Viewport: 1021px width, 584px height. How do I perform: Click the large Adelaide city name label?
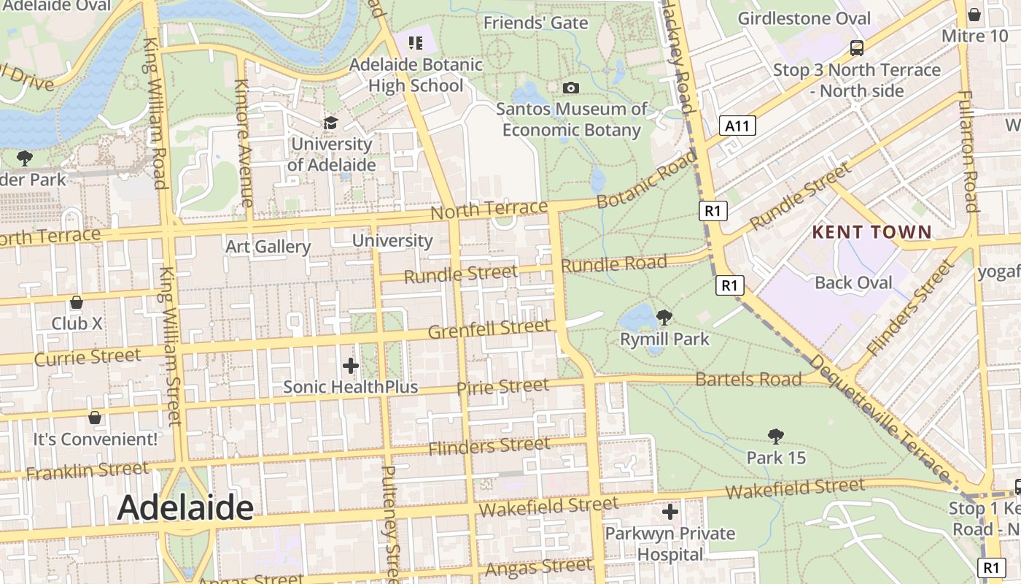[x=185, y=507]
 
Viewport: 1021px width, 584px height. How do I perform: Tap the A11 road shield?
[x=737, y=126]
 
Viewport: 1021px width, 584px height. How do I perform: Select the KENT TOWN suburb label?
[x=872, y=233]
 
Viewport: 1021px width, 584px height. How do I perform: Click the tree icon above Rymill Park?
[x=664, y=318]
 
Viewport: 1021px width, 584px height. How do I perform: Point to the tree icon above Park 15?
[x=776, y=437]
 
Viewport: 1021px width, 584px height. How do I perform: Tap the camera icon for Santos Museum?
[x=571, y=88]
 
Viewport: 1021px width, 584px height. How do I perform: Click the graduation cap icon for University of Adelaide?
[x=331, y=123]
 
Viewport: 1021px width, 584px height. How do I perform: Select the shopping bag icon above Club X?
[x=77, y=302]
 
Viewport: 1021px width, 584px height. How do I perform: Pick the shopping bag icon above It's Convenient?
[x=95, y=418]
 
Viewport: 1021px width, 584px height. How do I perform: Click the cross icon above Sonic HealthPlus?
[x=351, y=365]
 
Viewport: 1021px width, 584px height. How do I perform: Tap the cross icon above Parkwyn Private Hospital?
[x=669, y=512]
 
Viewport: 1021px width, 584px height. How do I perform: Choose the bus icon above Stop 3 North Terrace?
[x=857, y=48]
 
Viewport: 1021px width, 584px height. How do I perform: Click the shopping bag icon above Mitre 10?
[x=974, y=15]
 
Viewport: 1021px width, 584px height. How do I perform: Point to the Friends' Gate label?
[x=536, y=23]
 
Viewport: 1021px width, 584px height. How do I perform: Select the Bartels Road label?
[x=748, y=379]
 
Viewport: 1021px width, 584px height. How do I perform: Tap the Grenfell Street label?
[x=489, y=328]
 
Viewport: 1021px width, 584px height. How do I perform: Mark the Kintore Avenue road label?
[x=244, y=143]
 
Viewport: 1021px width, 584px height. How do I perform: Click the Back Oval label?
[x=853, y=283]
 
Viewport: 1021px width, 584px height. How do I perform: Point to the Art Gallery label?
[x=268, y=247]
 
